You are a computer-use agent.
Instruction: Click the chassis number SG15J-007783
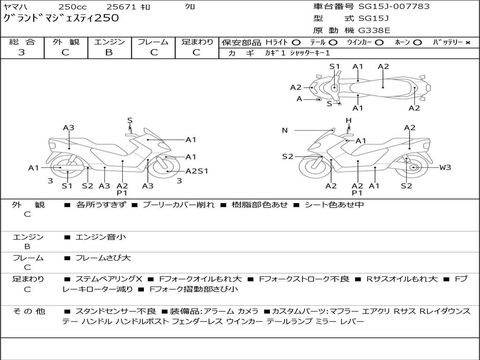394,7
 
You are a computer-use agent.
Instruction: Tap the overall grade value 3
22,52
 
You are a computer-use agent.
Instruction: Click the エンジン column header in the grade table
109,42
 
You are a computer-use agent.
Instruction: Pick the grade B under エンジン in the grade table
109,52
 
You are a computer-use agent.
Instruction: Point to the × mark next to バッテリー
468,43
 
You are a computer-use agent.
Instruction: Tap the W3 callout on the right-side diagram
445,167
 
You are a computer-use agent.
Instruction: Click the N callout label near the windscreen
285,130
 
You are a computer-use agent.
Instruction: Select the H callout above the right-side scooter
349,120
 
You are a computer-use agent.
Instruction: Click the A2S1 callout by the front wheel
197,171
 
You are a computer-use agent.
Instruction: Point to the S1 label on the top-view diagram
335,67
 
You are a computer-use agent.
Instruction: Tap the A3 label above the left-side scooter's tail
68,127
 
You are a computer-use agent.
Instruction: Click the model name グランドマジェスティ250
61,18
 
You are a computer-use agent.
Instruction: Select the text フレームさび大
103,258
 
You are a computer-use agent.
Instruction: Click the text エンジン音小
101,237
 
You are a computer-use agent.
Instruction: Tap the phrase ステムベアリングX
109,279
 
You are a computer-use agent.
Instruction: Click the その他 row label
29,311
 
